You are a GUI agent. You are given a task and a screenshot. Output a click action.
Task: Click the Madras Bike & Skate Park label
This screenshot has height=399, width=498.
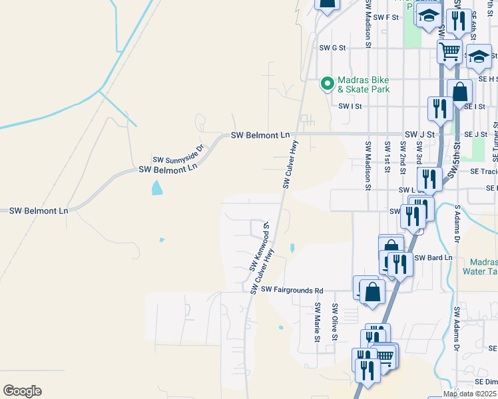click(363, 84)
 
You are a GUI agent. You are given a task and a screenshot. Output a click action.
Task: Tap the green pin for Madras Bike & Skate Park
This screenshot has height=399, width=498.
click(327, 83)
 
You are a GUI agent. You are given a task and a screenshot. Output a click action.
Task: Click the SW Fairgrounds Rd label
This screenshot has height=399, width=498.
click(292, 290)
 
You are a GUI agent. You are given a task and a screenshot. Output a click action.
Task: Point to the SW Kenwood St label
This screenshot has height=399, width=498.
click(258, 246)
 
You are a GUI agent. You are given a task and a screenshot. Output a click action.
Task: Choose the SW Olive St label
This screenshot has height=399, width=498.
click(336, 323)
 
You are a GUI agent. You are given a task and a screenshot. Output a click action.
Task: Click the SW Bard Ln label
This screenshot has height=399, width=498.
click(433, 257)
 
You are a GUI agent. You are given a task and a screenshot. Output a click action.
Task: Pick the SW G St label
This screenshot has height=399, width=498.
click(333, 48)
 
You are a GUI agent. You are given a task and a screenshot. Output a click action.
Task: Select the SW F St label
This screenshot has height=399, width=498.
click(385, 17)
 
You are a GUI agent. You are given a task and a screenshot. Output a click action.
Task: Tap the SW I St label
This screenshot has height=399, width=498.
click(350, 106)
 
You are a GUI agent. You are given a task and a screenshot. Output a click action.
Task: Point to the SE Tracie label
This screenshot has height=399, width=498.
click(483, 171)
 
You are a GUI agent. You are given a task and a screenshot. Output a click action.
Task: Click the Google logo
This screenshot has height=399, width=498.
click(22, 391)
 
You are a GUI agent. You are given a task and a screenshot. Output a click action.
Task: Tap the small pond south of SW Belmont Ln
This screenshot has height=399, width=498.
click(156, 188)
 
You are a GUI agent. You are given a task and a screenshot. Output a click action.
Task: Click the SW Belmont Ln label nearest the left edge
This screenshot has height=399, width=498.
click(39, 211)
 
